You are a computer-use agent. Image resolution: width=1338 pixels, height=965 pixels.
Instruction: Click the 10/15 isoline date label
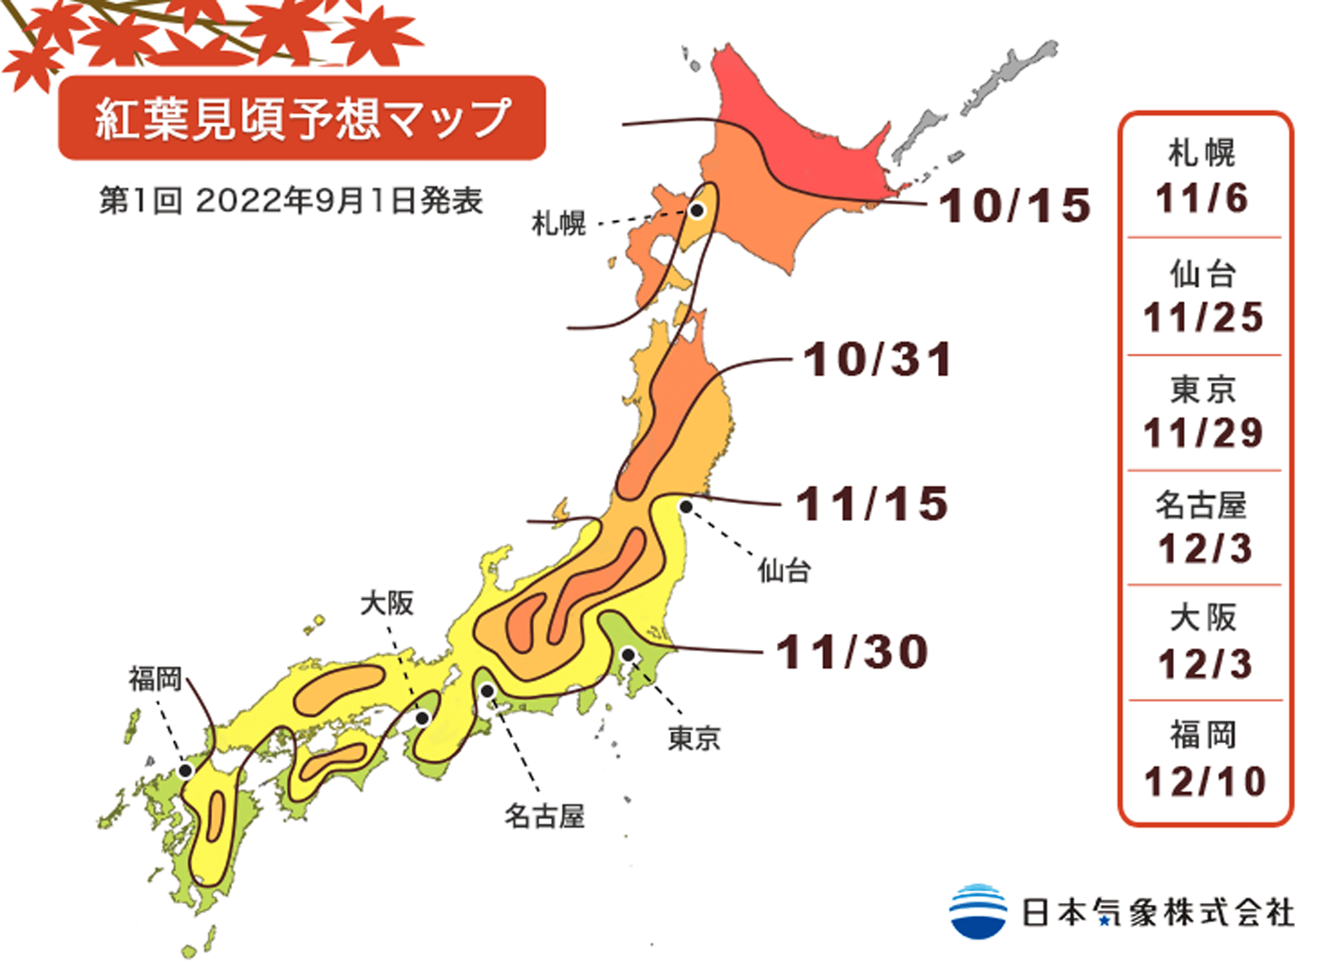click(1014, 205)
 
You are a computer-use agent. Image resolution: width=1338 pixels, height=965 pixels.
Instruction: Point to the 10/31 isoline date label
click(877, 360)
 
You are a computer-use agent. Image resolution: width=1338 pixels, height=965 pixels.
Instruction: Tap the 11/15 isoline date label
click(872, 504)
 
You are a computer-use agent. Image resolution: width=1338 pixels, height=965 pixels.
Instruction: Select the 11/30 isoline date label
click(852, 651)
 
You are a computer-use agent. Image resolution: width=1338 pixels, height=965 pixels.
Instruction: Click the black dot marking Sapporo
click(696, 211)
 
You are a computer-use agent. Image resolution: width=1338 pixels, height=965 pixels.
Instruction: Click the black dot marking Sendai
click(686, 507)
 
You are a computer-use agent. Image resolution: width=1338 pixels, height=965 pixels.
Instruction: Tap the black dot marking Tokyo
click(628, 654)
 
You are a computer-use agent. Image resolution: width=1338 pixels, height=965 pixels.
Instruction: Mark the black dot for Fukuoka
click(185, 771)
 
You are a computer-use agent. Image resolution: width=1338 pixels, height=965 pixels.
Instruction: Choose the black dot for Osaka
click(422, 718)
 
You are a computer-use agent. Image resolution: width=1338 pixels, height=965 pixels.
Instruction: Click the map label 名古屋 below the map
click(544, 817)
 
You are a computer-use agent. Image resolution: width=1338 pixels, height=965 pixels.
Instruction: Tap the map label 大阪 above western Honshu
click(387, 603)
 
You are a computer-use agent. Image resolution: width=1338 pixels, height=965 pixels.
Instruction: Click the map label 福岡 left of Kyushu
click(155, 679)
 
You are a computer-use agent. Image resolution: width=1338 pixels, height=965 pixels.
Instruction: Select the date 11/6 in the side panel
click(1202, 199)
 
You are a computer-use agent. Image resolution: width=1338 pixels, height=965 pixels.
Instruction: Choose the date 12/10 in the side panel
click(1205, 781)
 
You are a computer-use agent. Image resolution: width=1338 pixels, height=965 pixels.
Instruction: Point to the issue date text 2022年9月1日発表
click(339, 201)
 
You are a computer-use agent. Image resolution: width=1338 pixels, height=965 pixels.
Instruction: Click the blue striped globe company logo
click(977, 911)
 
